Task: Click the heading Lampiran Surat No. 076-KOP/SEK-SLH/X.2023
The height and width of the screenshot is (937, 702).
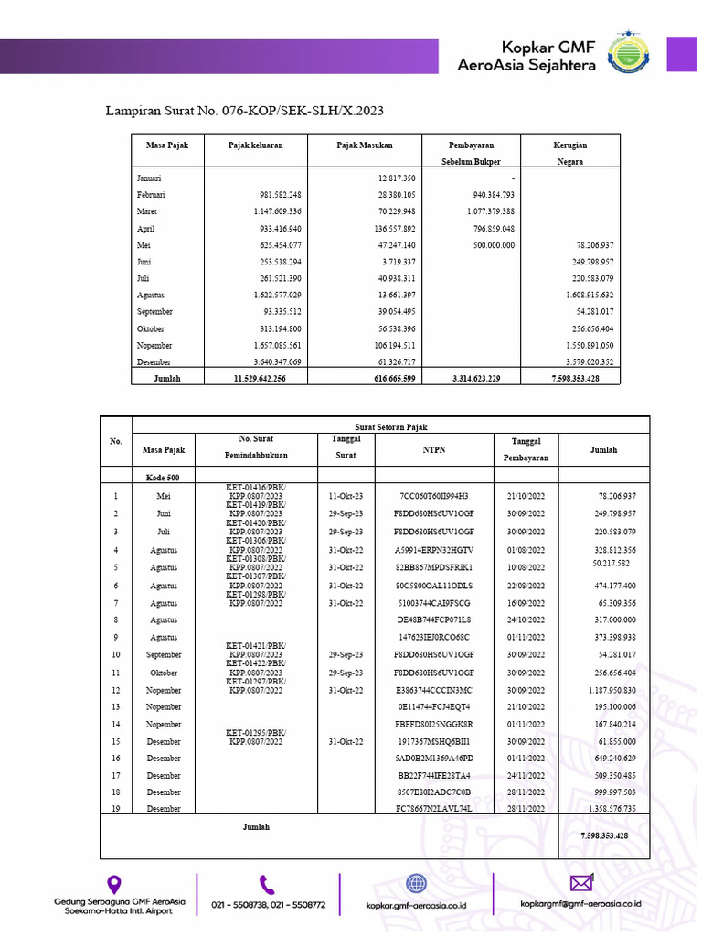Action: point(246,111)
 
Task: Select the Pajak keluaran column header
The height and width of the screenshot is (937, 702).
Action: point(256,145)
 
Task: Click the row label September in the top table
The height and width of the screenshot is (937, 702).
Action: point(154,312)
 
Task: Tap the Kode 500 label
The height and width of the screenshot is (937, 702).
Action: point(163,478)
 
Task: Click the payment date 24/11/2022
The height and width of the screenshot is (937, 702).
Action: point(526,775)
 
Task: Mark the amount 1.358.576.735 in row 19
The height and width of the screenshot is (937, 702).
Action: point(604,809)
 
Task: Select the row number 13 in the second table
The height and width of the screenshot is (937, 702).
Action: point(116,707)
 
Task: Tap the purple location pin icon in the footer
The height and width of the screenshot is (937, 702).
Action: point(114,884)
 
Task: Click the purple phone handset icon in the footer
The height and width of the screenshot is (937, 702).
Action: point(267,884)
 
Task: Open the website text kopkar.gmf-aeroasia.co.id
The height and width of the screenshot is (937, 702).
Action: point(416,903)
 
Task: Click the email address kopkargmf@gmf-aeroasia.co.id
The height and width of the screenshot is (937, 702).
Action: point(580,903)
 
